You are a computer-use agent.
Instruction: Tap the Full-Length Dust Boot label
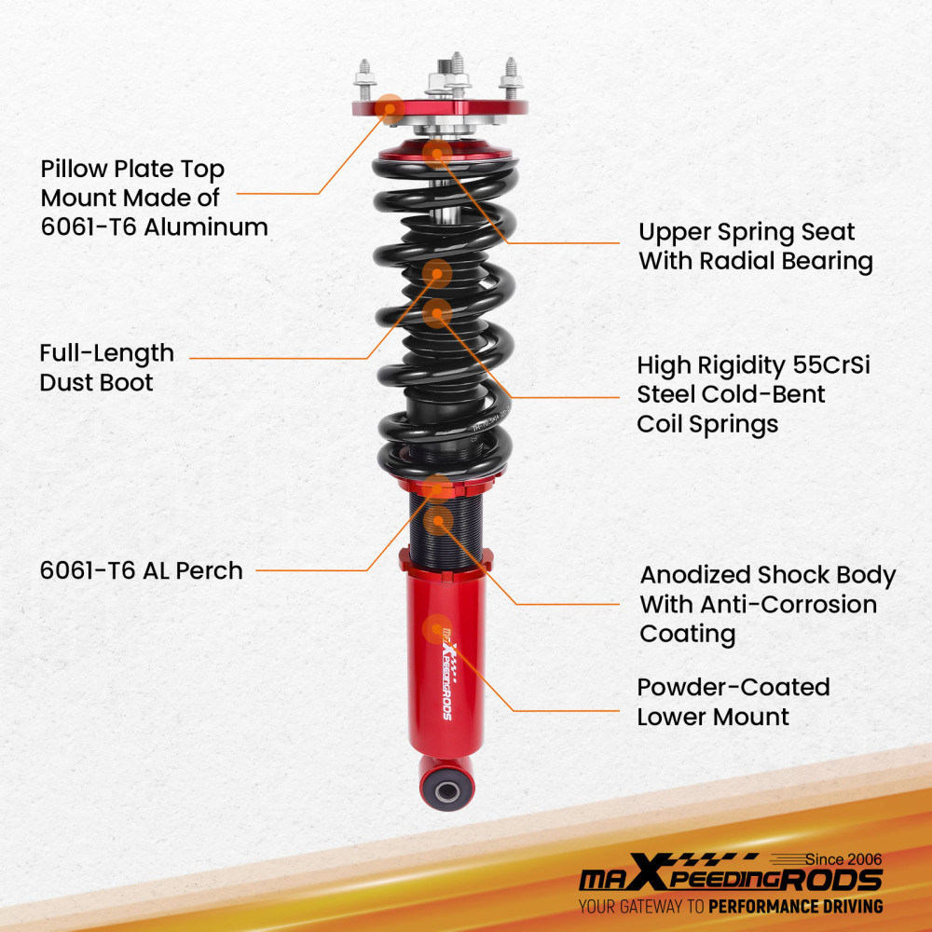(106, 367)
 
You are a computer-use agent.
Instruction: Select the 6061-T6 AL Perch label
(141, 570)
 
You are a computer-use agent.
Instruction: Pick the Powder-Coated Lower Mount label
(733, 702)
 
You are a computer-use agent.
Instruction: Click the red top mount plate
(439, 109)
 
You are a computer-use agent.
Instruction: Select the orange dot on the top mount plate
(392, 108)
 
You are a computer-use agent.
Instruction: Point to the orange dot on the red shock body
(437, 629)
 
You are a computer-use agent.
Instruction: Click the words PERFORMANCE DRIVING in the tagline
(795, 906)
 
